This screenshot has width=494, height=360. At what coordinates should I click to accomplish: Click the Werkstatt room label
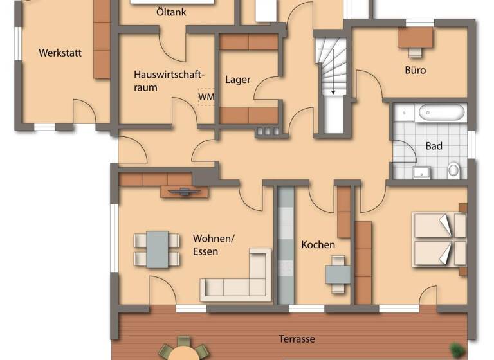pos(60,53)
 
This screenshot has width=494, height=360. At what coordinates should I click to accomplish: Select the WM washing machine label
pos(206,96)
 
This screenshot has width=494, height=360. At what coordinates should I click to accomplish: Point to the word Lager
pos(237,80)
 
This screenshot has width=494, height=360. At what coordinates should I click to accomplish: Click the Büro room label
pos(415,70)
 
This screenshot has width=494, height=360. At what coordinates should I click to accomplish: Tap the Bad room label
pos(434,146)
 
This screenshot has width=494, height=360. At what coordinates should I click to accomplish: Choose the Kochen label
pos(318,244)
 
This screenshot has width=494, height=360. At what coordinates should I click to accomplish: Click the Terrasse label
pos(297,339)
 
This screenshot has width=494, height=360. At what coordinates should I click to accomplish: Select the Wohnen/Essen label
pos(214,245)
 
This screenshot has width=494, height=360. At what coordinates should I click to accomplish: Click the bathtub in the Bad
pos(441,114)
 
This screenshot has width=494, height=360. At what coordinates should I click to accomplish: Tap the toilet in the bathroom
pos(454,170)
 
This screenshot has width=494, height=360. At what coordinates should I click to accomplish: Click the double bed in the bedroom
pos(439,239)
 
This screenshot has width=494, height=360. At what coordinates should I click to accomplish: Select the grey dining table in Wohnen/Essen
pos(157,249)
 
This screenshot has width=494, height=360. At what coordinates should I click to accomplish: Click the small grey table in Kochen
pos(338,274)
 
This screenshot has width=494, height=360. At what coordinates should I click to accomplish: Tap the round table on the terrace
pos(183,352)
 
